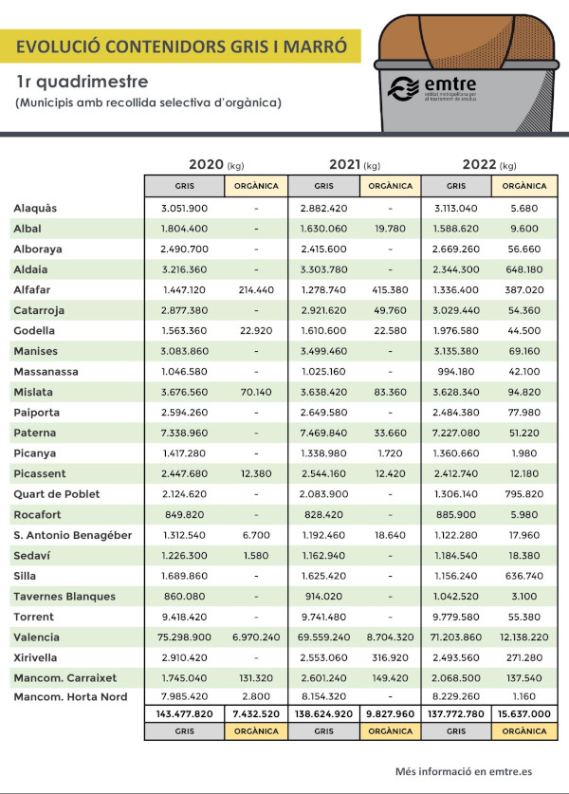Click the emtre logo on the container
point(432,88)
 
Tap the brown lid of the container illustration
point(466,42)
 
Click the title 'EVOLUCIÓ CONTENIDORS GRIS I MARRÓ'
point(181,46)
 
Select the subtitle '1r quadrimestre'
point(82,82)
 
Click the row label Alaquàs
point(35,208)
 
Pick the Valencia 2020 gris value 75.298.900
point(184,637)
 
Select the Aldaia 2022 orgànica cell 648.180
point(523,269)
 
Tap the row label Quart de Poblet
point(57,494)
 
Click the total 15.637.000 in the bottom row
point(523,714)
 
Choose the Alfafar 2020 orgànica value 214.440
point(256,290)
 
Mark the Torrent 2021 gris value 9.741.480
point(323,617)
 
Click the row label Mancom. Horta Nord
point(70,697)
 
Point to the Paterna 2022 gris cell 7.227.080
point(455,433)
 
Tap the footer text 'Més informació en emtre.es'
point(464,772)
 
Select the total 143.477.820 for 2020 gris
point(184,714)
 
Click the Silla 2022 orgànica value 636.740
point(523,576)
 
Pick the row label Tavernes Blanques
point(64,597)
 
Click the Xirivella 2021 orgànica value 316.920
point(390,657)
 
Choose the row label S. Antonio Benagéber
point(72,535)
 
